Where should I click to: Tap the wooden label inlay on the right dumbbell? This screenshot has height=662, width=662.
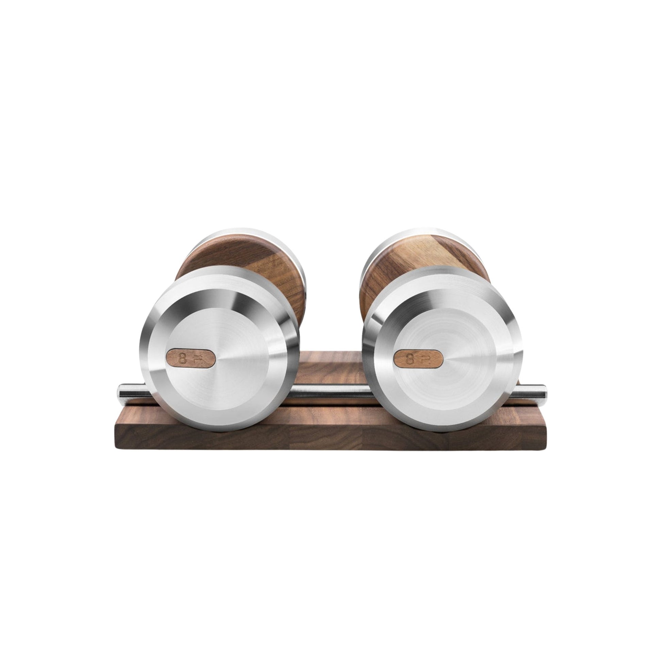418,359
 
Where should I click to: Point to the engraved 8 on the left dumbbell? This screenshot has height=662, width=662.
183,359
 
